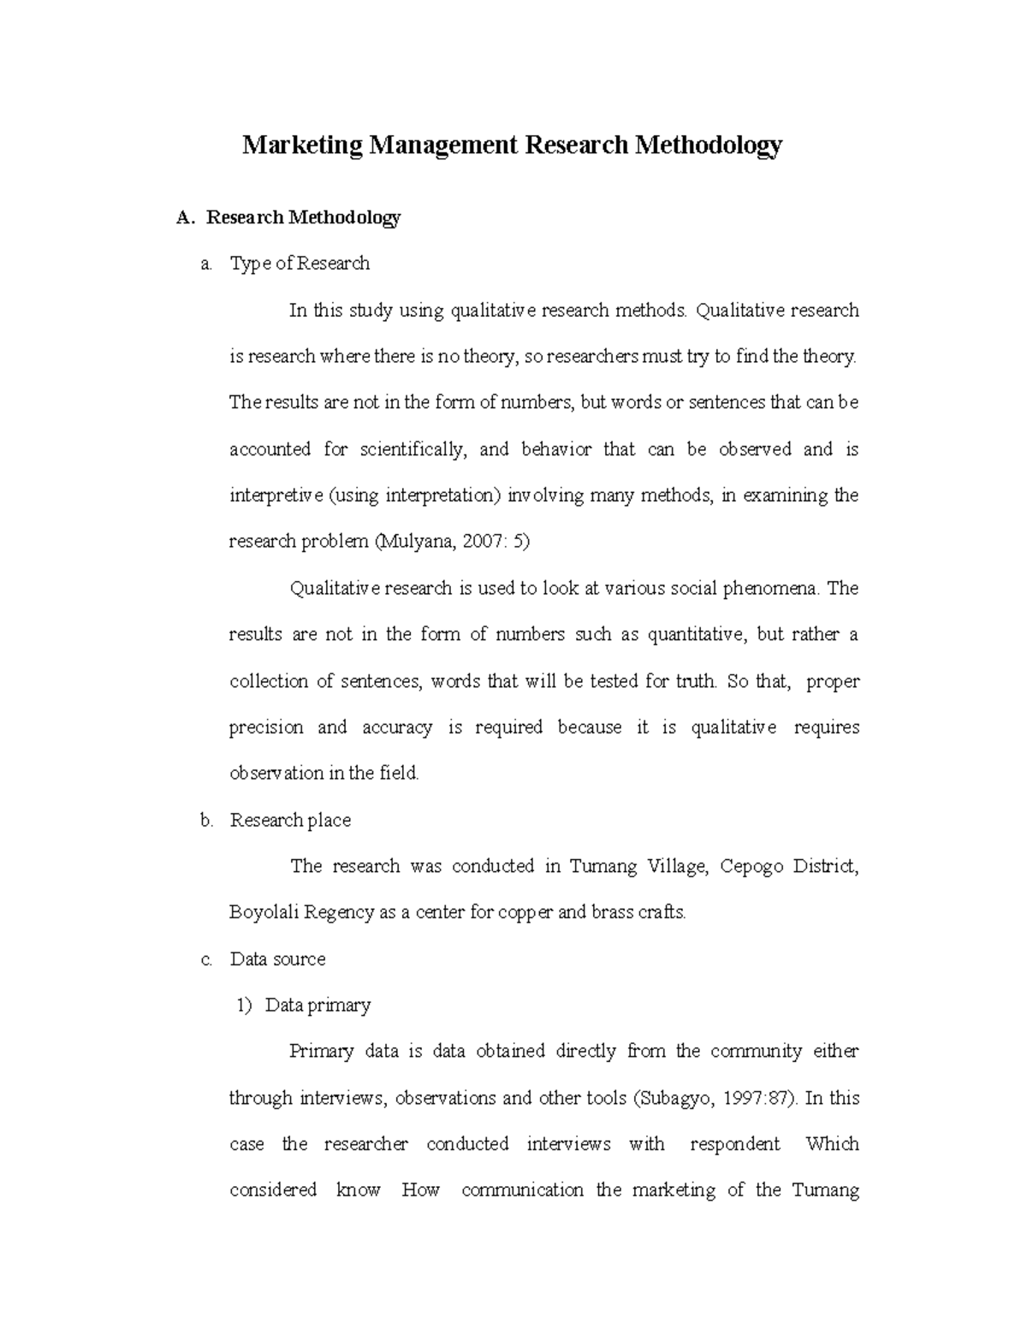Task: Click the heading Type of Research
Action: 300,264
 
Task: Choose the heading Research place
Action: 290,820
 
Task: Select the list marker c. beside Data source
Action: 206,959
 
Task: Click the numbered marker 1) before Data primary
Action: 244,1006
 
